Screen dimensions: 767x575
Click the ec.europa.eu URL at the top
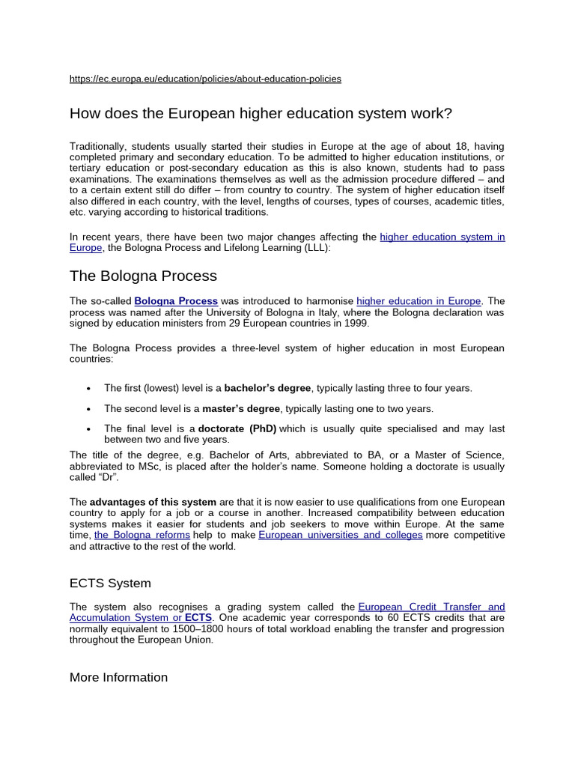click(205, 79)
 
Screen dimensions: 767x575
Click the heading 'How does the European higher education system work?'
click(261, 114)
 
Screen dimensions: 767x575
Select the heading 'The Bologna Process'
click(143, 276)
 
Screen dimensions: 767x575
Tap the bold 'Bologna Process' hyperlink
click(176, 301)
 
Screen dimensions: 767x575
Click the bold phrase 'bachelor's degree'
click(267, 388)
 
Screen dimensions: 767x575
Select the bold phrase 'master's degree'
click(241, 409)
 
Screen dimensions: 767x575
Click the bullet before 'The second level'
click(88, 410)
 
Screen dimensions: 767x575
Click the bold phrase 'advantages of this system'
click(153, 502)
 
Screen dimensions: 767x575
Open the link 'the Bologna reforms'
click(142, 536)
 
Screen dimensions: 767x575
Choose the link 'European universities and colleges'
click(341, 536)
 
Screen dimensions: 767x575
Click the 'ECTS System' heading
click(110, 583)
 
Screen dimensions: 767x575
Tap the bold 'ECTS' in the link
click(198, 618)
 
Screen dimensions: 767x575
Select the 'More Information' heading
click(118, 677)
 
